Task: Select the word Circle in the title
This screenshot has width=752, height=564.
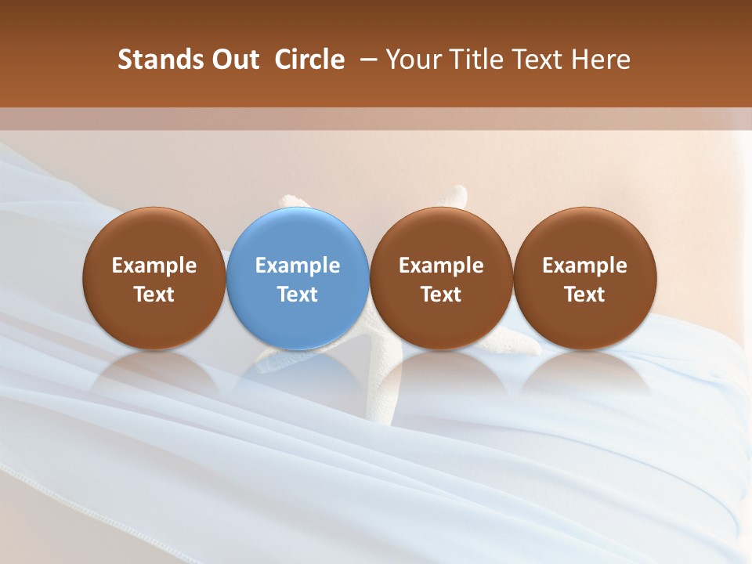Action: click(309, 60)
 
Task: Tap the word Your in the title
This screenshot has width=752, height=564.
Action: click(413, 60)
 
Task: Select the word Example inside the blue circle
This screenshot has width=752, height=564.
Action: click(298, 266)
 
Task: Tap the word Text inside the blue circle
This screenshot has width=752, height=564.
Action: click(298, 295)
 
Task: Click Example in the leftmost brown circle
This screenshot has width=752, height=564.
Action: click(154, 266)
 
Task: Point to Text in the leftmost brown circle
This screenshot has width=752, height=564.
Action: click(154, 295)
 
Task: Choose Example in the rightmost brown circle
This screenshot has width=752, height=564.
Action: click(584, 266)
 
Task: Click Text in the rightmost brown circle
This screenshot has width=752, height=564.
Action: click(584, 295)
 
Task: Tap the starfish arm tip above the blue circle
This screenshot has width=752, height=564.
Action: click(295, 200)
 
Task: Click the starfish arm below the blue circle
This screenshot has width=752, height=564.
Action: click(274, 360)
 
